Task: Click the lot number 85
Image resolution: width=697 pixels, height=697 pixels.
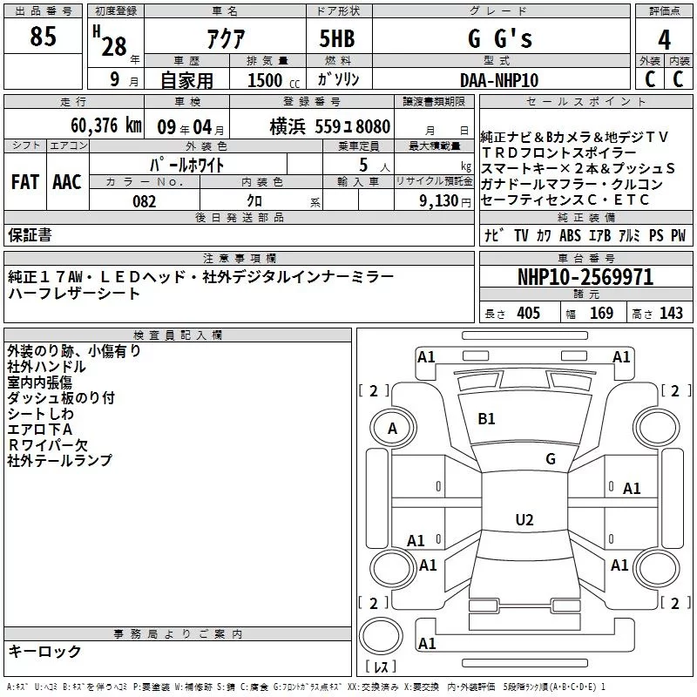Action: click(44, 37)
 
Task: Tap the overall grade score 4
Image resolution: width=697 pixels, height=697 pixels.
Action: click(665, 40)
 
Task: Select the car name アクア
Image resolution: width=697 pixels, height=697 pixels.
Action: click(225, 40)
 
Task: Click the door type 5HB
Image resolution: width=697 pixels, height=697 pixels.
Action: click(338, 39)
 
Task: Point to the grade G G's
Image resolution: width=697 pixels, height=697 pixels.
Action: click(499, 40)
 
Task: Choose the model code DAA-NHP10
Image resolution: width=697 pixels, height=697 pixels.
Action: click(499, 81)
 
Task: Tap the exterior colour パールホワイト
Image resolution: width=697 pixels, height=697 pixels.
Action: click(188, 165)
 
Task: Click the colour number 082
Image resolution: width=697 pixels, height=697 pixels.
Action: click(144, 201)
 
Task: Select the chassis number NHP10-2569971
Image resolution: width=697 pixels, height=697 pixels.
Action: click(585, 278)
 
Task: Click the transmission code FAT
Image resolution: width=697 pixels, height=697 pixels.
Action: click(25, 182)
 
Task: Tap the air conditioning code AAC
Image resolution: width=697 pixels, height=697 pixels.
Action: click(67, 182)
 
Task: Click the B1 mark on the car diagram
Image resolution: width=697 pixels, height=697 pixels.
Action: click(486, 419)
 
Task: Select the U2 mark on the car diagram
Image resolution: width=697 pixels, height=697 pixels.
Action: click(524, 520)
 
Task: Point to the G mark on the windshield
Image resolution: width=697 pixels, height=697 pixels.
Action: click(550, 458)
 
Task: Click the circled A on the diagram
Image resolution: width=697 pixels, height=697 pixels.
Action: click(392, 429)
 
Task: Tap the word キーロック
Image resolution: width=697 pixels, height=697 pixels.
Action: click(45, 652)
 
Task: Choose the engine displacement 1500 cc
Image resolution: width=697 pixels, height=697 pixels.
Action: click(271, 81)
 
